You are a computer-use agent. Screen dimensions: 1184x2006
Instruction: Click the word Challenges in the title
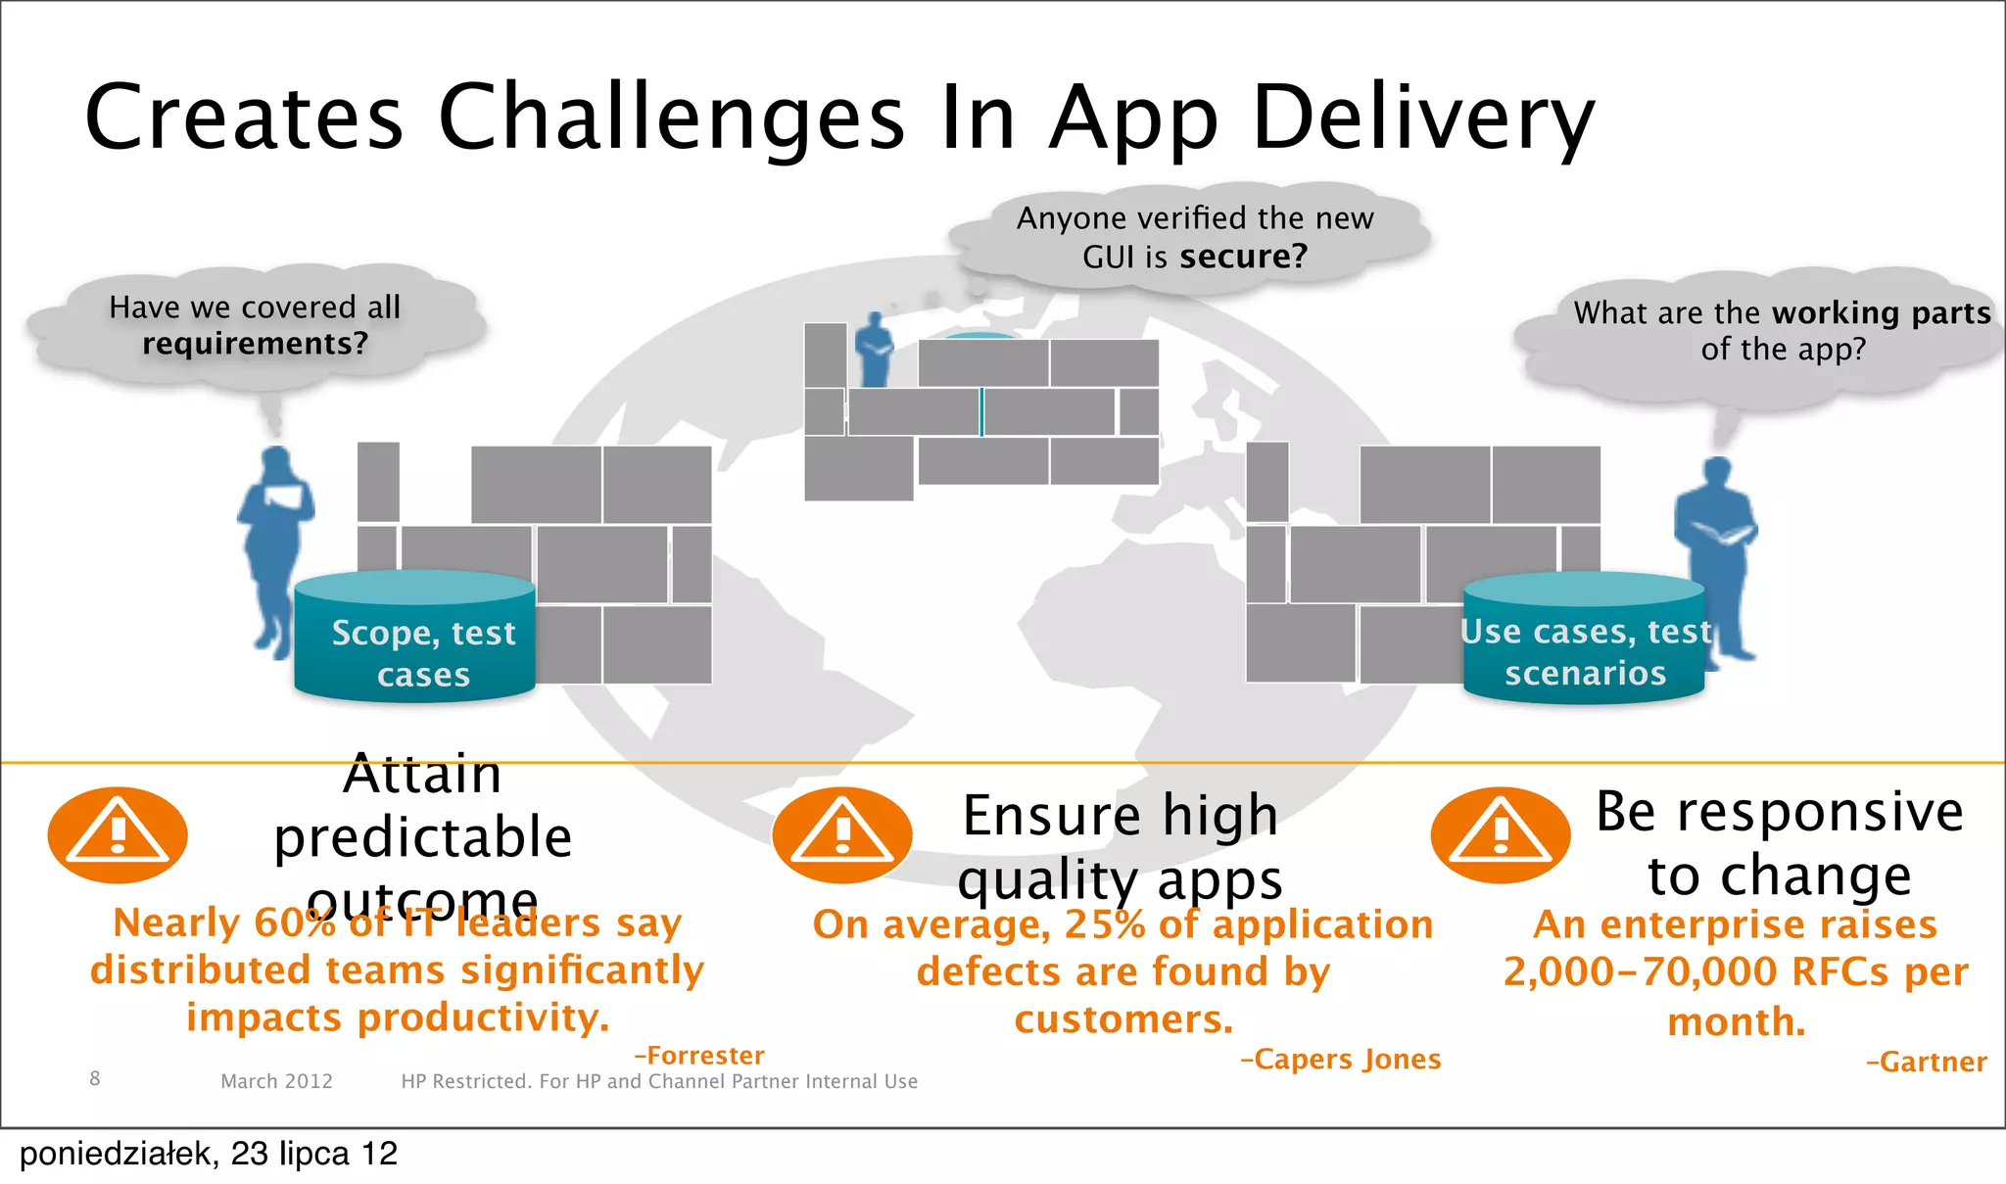pyautogui.click(x=671, y=118)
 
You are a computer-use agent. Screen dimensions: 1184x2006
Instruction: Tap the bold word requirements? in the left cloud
pyautogui.click(x=255, y=344)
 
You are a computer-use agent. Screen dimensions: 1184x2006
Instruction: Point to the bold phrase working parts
pyautogui.click(x=1882, y=312)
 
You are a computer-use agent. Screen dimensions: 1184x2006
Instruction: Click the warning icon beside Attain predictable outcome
pyautogui.click(x=118, y=835)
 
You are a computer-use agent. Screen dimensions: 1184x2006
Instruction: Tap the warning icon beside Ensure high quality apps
pyautogui.click(x=842, y=835)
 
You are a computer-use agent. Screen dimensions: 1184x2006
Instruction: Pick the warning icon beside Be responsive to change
pyautogui.click(x=1501, y=835)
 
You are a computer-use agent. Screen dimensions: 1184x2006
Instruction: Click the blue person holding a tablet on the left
pyautogui.click(x=275, y=548)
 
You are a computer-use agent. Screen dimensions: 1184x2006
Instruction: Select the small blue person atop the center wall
pyautogui.click(x=873, y=350)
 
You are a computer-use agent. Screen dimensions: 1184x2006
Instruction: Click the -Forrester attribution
pyautogui.click(x=699, y=1056)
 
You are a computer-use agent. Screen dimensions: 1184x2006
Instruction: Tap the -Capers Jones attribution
pyautogui.click(x=1340, y=1060)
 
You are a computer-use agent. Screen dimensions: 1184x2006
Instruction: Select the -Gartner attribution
pyautogui.click(x=1926, y=1063)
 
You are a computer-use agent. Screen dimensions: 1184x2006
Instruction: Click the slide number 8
pyautogui.click(x=95, y=1079)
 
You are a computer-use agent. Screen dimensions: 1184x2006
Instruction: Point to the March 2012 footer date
pyautogui.click(x=276, y=1081)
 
